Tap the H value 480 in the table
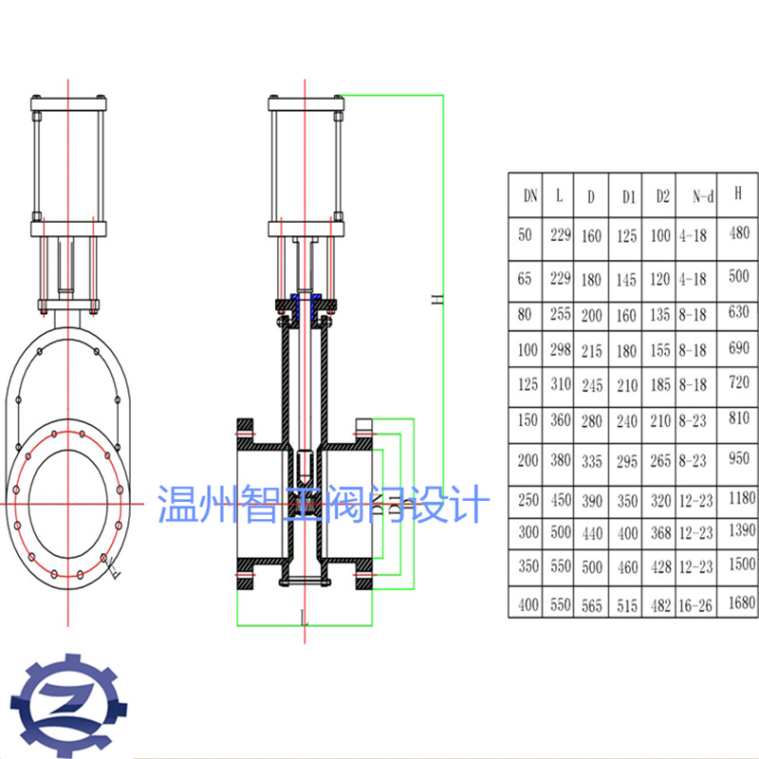pyautogui.click(x=739, y=232)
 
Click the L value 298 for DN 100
pyautogui.click(x=559, y=350)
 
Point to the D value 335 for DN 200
pyautogui.click(x=592, y=461)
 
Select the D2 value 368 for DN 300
pyautogui.click(x=660, y=534)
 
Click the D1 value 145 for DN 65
pyautogui.click(x=625, y=280)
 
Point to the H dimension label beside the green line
pyautogui.click(x=437, y=300)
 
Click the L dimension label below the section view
pyautogui.click(x=302, y=620)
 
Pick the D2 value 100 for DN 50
pyautogui.click(x=660, y=234)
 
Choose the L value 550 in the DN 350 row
pyautogui.click(x=559, y=566)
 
